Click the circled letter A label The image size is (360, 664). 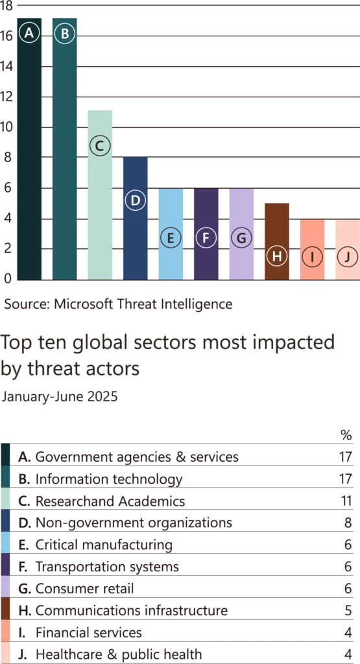click(29, 33)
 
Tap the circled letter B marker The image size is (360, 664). click(64, 33)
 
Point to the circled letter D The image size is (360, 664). click(135, 200)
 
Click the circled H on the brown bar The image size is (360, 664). click(277, 256)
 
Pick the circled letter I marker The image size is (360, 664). click(312, 257)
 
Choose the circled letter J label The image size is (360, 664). click(348, 257)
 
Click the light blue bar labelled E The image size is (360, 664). click(170, 259)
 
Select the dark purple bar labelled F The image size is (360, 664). click(206, 259)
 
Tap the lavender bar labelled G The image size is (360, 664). click(241, 259)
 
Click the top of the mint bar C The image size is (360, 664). click(99, 110)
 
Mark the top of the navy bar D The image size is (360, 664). click(135, 158)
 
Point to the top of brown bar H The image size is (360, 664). click(277, 204)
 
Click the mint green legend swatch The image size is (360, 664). click(5, 498)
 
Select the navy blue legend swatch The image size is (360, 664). click(5, 521)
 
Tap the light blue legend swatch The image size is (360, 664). click(5, 543)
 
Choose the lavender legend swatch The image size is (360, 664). click(5, 587)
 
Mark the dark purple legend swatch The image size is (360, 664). click(5, 565)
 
